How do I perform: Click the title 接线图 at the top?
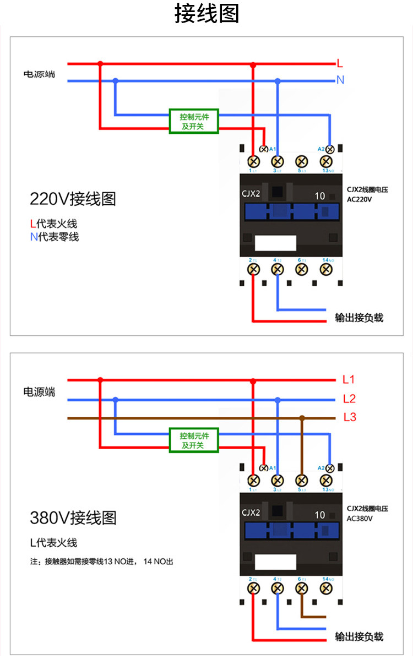pyautogui.click(x=206, y=14)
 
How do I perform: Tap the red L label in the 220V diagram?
pyautogui.click(x=340, y=63)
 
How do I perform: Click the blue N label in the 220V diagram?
pyautogui.click(x=340, y=80)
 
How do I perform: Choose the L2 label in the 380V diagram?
pyautogui.click(x=349, y=399)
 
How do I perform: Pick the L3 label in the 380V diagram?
pyautogui.click(x=349, y=417)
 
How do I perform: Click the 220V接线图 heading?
pyautogui.click(x=73, y=199)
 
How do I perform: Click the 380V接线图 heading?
pyautogui.click(x=73, y=518)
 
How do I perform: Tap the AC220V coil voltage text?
pyautogui.click(x=360, y=199)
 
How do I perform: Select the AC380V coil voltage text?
pyautogui.click(x=360, y=518)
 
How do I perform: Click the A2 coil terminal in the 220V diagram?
pyautogui.click(x=330, y=149)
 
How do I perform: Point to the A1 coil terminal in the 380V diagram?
pyautogui.click(x=264, y=468)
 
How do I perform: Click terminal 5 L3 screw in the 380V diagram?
pyautogui.click(x=301, y=480)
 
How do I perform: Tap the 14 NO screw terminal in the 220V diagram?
pyautogui.click(x=326, y=269)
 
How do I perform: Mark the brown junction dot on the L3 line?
pyautogui.click(x=302, y=418)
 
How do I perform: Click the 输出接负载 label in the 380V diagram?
pyautogui.click(x=359, y=636)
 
